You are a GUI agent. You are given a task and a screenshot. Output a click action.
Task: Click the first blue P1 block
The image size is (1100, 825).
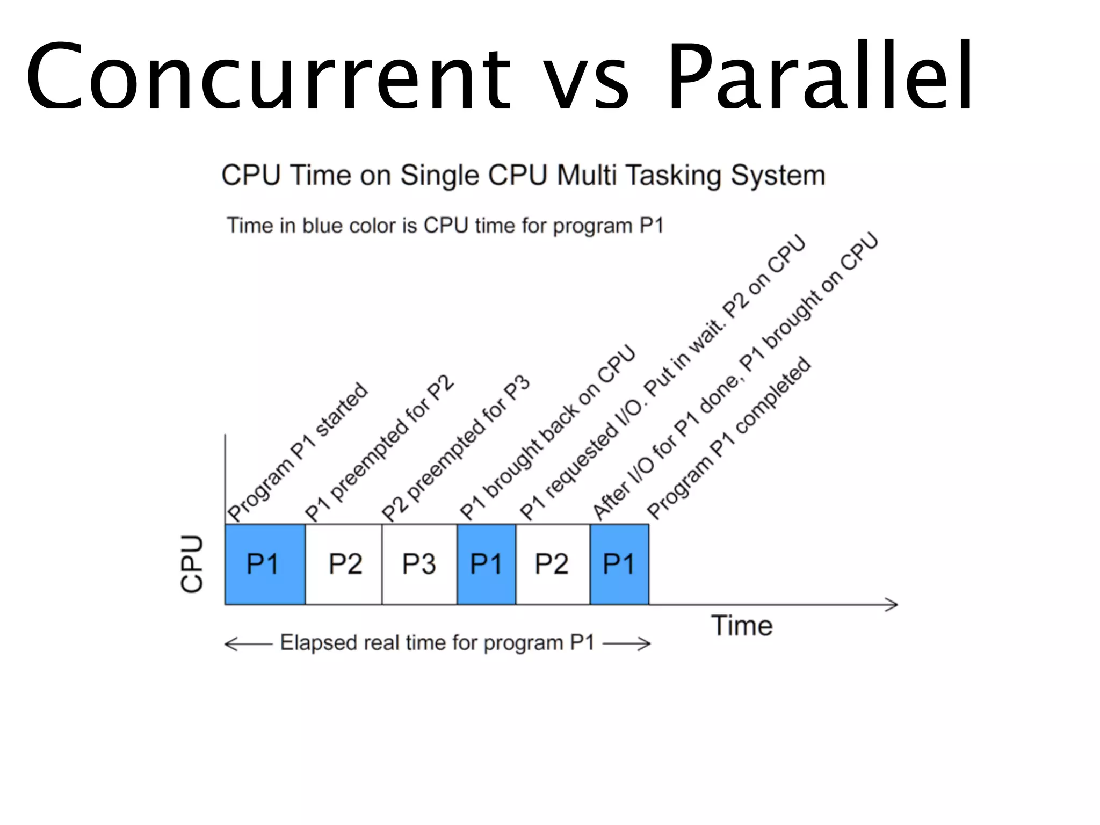[x=265, y=564]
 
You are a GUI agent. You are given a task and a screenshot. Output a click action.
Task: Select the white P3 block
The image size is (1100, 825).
[x=419, y=564]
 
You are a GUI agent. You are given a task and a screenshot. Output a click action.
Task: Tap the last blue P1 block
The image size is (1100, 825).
[x=619, y=564]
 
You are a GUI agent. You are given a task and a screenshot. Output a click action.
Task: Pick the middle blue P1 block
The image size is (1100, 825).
[x=486, y=564]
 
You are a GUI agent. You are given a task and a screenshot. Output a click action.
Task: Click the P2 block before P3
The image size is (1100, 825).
[x=344, y=564]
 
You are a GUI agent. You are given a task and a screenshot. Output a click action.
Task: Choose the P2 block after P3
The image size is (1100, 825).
[x=552, y=564]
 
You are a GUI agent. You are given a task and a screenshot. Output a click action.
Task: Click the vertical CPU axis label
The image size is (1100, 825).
[x=192, y=564]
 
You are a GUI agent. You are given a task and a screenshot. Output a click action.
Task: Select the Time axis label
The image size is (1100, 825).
[x=742, y=626]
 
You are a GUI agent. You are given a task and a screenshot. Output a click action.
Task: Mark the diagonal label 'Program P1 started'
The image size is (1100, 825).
[x=298, y=452]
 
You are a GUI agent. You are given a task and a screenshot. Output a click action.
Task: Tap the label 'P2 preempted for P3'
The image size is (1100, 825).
[x=455, y=449]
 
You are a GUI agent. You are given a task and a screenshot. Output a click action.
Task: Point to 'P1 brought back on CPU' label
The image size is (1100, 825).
[x=547, y=433]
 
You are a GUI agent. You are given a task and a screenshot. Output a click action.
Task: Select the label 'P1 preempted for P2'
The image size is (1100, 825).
[x=379, y=449]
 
